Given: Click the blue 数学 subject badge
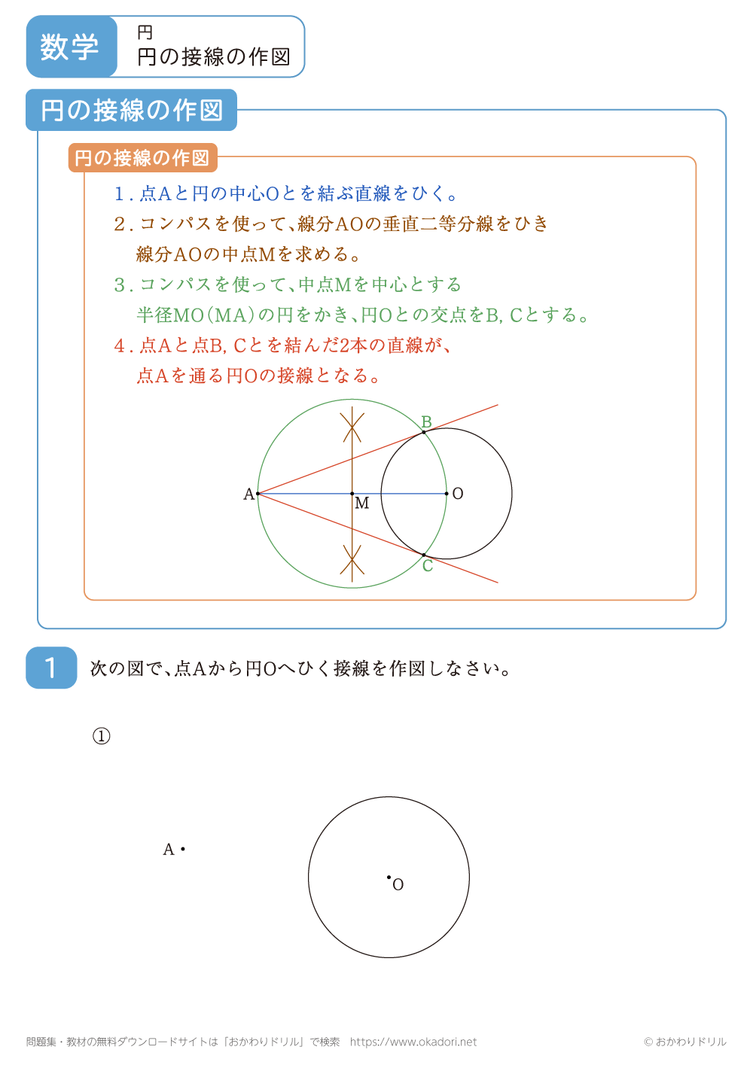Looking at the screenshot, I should (x=71, y=47).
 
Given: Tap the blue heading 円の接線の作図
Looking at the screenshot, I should (x=132, y=110).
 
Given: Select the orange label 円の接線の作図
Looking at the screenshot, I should (x=142, y=158).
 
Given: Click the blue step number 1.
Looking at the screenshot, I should (x=120, y=194).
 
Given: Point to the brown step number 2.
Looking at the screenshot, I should (x=120, y=224).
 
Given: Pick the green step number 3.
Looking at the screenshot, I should (x=120, y=285).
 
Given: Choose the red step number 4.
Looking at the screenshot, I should (x=120, y=346).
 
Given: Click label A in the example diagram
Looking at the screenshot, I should (x=248, y=494).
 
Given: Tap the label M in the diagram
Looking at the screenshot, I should (x=362, y=504).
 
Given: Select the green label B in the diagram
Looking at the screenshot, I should (x=426, y=422).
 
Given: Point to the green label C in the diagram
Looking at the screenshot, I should (x=428, y=566).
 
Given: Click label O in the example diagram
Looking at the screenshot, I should (x=458, y=494).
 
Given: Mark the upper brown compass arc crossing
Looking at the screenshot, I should (x=352, y=426).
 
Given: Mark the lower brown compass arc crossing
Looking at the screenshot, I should (x=352, y=560).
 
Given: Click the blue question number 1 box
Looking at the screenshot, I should (x=51, y=668).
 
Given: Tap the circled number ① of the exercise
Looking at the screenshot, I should (x=101, y=736).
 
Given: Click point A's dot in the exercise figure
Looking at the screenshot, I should (x=183, y=849).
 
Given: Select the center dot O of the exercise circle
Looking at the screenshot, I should (x=389, y=877).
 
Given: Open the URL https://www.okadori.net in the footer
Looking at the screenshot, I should (x=413, y=1042).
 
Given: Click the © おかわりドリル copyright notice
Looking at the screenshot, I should (x=684, y=1042).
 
